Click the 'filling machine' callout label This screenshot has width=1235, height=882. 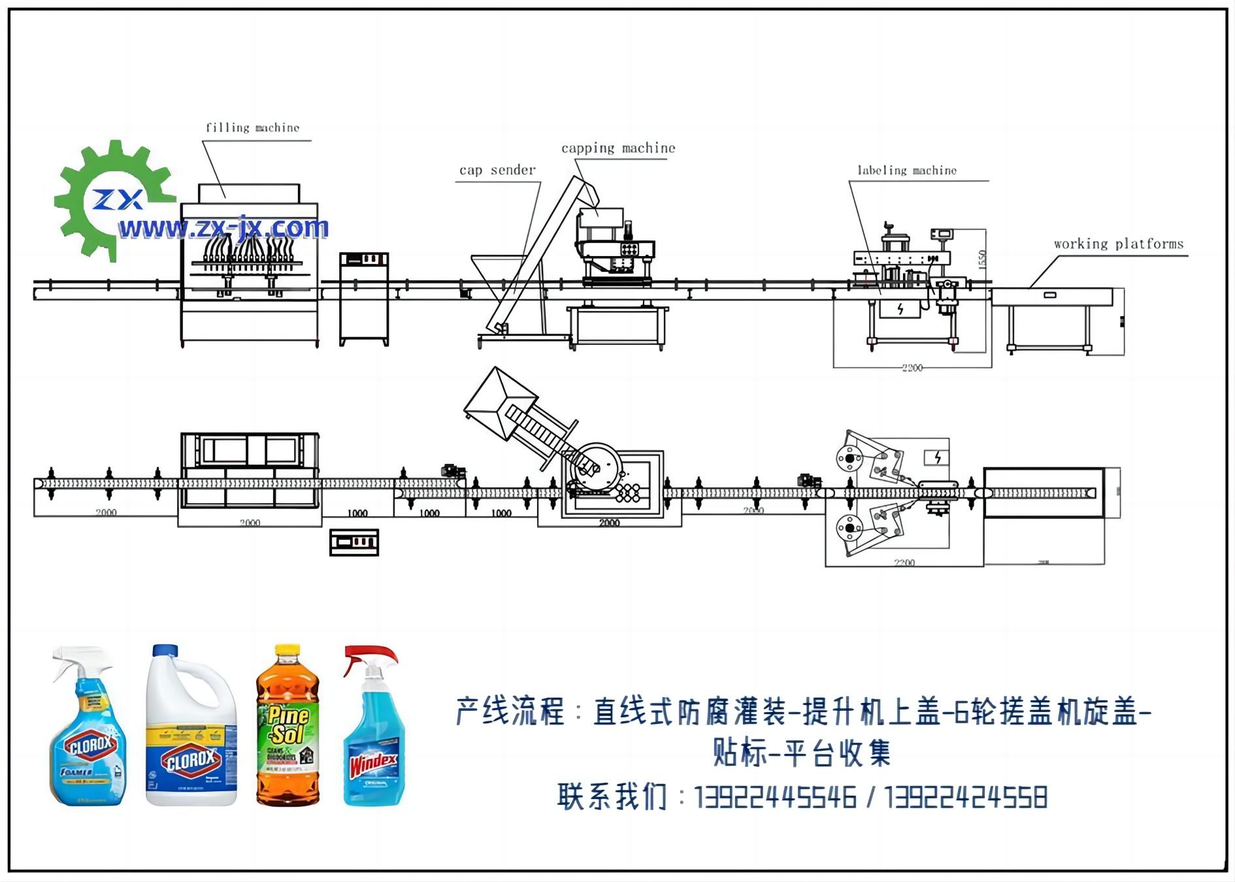(252, 127)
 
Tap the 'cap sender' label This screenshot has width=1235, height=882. (497, 171)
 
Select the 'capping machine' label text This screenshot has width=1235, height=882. (618, 148)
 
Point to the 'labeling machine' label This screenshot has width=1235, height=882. (906, 171)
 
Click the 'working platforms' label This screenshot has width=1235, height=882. (1118, 244)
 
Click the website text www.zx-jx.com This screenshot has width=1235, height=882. (223, 228)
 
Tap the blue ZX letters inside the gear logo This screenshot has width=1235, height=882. (118, 199)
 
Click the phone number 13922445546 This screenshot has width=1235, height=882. (775, 798)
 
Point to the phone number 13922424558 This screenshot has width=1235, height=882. (966, 798)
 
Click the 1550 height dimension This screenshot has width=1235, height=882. (982, 259)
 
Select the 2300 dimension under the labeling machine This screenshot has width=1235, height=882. (912, 368)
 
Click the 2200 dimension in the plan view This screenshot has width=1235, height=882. (904, 563)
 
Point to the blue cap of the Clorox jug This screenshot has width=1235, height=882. (165, 651)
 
